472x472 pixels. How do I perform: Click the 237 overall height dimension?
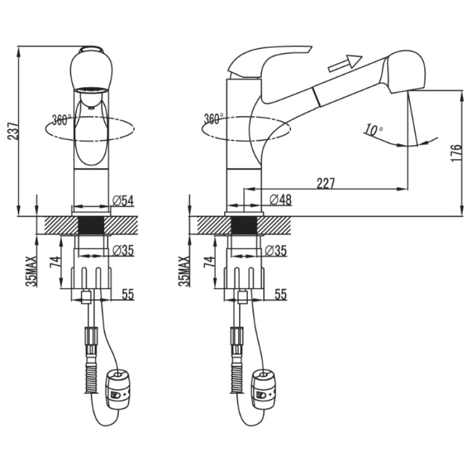point(14,130)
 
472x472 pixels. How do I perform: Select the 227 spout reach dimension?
point(326,183)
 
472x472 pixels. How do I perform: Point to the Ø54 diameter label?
point(123,201)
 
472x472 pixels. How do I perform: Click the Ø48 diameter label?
point(281,199)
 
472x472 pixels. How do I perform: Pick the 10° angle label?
point(373,130)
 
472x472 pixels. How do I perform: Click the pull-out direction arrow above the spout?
point(345,63)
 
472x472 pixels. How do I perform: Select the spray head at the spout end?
point(404,72)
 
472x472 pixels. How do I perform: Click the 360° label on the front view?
point(62,120)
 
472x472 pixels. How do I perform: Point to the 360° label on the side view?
point(214,119)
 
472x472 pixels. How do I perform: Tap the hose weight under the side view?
point(264,391)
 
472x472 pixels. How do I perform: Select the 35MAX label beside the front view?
point(31,271)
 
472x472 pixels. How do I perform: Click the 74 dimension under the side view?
point(209,262)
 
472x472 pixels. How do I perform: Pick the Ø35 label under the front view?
point(123,250)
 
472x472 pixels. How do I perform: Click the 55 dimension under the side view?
point(281,294)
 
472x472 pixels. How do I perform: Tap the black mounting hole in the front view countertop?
point(91,225)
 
